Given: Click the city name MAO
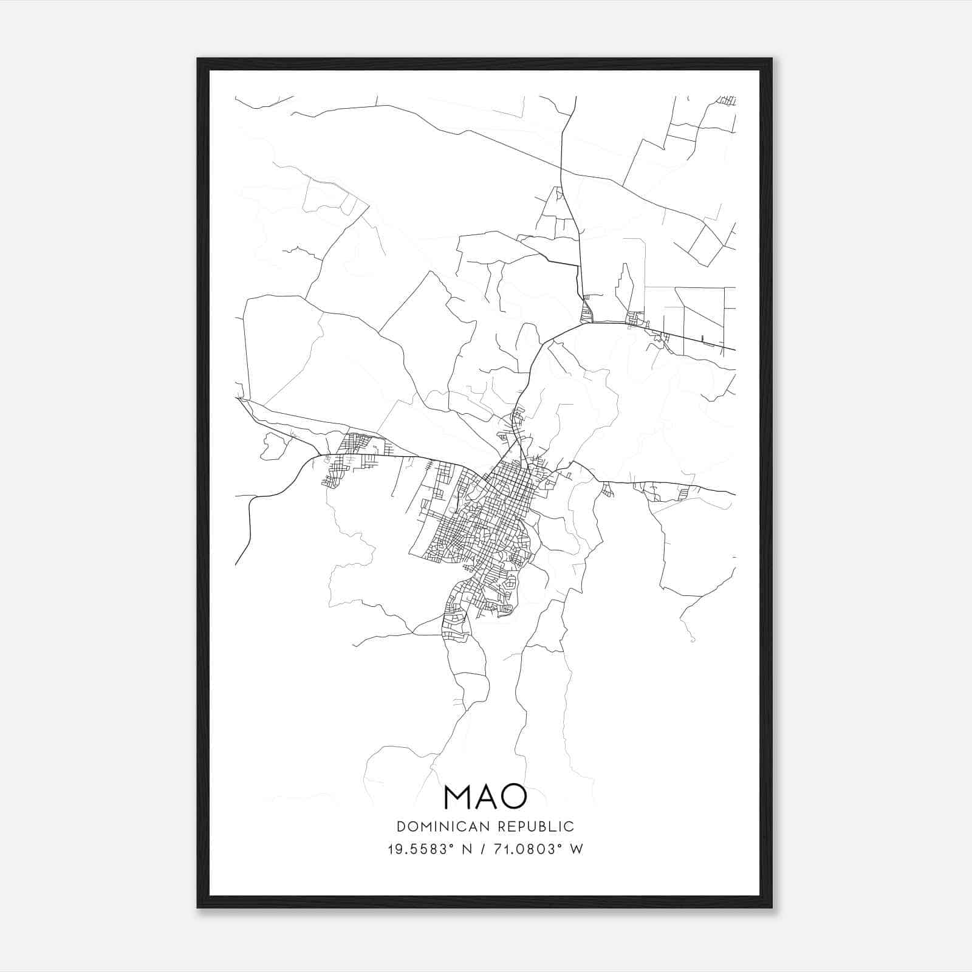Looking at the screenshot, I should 485,796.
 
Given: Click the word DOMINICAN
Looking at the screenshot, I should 443,826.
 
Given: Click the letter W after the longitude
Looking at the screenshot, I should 577,849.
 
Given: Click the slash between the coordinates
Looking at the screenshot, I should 484,849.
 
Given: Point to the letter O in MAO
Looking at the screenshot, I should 514,796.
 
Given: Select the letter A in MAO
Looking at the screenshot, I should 485,796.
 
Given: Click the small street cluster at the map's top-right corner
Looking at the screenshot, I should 727,100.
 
